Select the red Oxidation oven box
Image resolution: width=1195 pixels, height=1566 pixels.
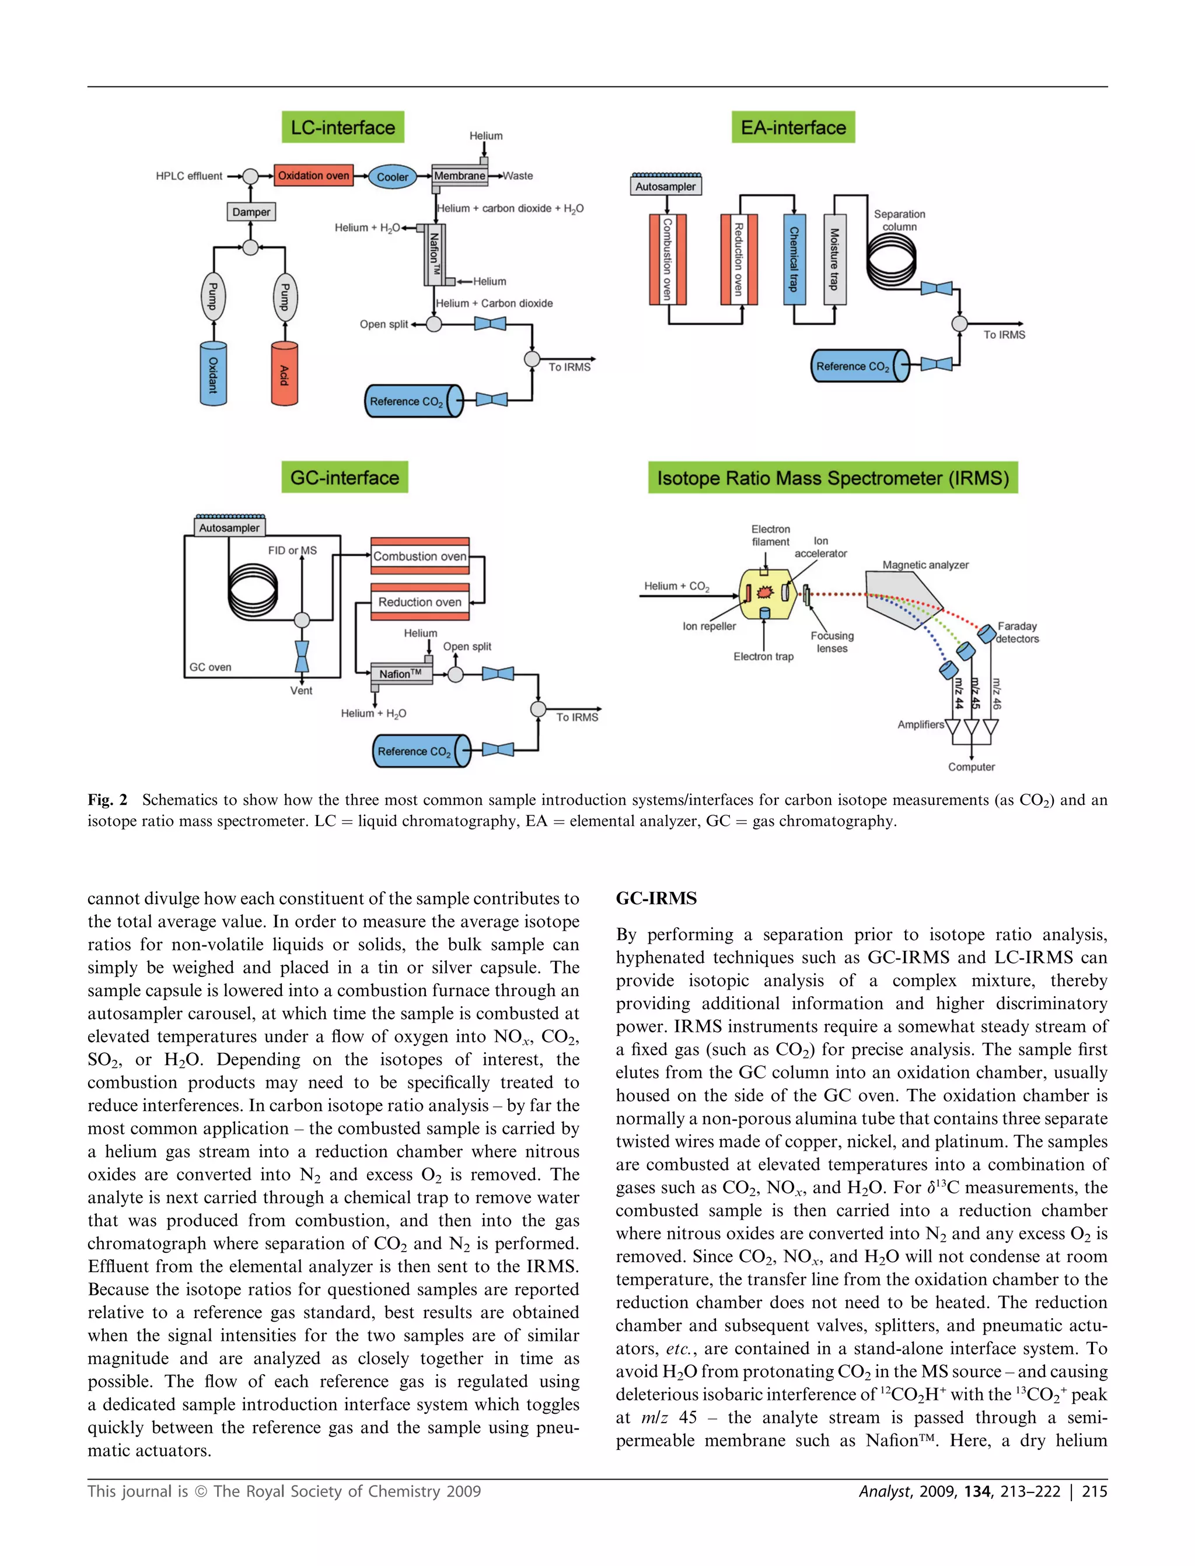tap(314, 176)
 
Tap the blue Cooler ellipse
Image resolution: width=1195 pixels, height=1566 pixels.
tap(392, 177)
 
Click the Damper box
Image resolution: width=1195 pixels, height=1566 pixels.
tap(251, 212)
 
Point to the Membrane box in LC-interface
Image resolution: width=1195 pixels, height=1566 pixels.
tap(460, 176)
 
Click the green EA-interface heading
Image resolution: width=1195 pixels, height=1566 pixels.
tap(793, 128)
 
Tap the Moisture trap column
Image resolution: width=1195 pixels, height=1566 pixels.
tap(834, 260)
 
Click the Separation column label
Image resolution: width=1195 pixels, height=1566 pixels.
tap(899, 220)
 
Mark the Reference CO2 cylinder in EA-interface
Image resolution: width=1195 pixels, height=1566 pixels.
tap(859, 366)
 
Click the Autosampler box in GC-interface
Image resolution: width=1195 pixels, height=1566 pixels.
tap(229, 527)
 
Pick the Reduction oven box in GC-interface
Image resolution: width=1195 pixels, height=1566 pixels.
tap(420, 601)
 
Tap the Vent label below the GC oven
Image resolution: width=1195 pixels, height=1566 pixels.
tap(301, 690)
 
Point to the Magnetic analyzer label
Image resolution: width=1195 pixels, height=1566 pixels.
tap(925, 565)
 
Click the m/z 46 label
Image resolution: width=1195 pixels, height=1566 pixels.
tap(996, 693)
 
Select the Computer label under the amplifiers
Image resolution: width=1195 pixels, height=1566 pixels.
tap(971, 767)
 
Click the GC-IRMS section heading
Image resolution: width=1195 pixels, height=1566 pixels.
tap(656, 899)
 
